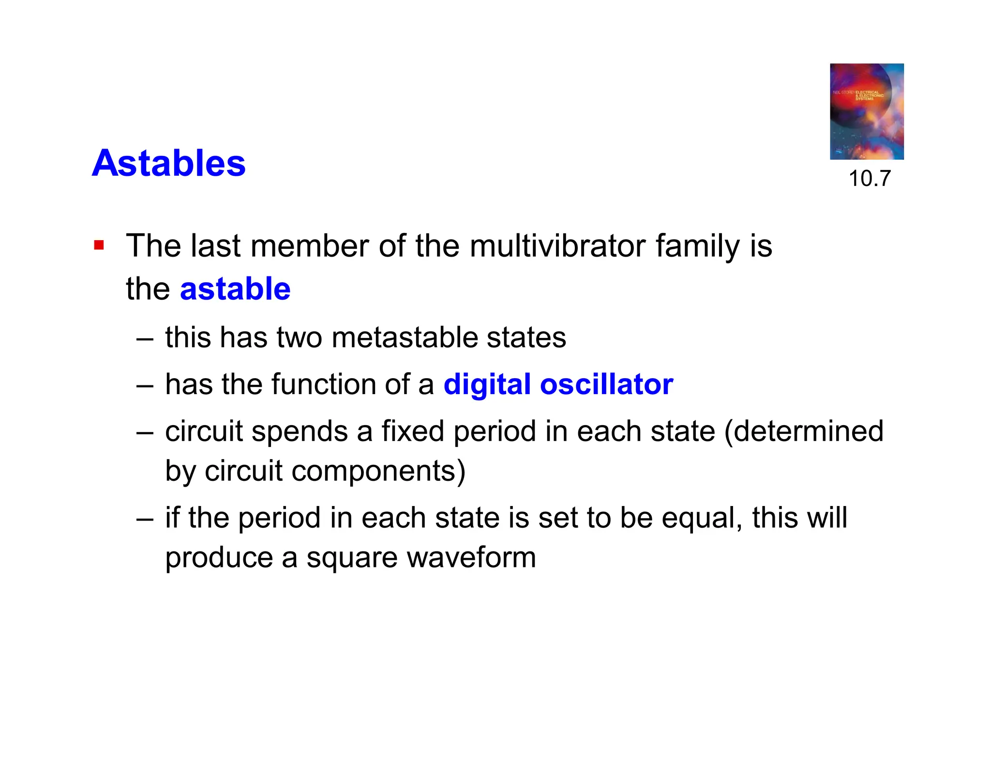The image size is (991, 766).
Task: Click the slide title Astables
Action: (168, 163)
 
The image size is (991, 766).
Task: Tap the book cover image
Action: (866, 111)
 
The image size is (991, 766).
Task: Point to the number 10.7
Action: (869, 178)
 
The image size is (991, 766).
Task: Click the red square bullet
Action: (99, 245)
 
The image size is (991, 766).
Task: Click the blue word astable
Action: (235, 289)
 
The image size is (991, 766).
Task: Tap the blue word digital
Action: (487, 384)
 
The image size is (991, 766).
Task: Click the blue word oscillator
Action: (606, 384)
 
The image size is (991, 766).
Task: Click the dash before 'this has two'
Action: (145, 338)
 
